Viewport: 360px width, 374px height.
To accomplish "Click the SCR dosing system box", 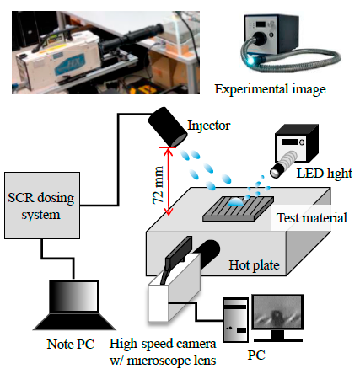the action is coord(42,206).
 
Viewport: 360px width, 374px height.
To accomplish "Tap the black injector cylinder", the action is coord(168,126).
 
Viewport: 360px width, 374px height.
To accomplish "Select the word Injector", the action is coord(209,126).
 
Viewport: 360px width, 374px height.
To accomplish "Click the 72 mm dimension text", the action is coord(159,184).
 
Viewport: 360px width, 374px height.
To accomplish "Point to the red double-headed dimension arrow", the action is coord(169,182).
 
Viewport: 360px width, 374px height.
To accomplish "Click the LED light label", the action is coord(325,174).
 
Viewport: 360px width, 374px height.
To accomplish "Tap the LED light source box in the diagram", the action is coord(298,145).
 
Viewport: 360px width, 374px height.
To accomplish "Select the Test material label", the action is coord(312,218).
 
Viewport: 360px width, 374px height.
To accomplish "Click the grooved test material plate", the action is coord(239,209).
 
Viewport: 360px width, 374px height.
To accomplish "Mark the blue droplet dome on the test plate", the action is coord(235,202).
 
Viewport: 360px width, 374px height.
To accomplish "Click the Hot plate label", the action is coord(254,264).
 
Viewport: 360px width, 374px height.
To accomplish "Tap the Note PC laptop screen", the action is coord(74,297).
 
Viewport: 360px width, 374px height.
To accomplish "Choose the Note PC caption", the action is coord(71,345).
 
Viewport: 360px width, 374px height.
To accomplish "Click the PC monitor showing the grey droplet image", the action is coord(278,313).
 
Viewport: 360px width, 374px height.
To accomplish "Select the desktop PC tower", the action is coord(235,319).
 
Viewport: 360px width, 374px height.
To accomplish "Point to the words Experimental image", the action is coord(270,89).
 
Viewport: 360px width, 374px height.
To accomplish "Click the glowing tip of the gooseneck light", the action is coord(250,60).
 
